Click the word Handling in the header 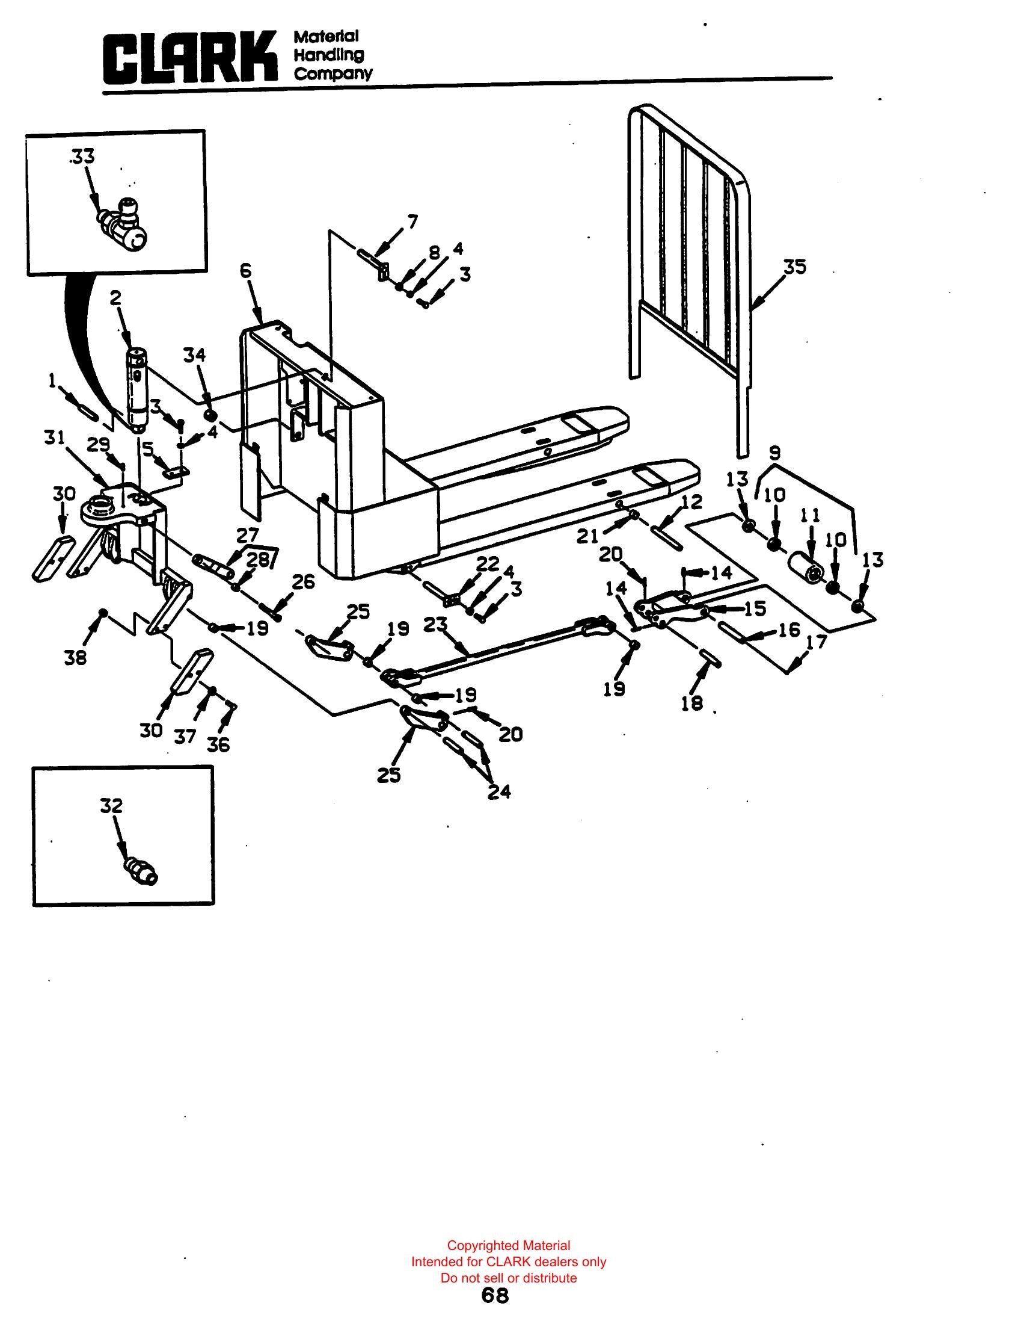point(329,55)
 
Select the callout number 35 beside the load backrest point(794,266)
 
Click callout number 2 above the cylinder point(115,297)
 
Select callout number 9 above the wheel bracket point(775,452)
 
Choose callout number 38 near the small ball point(76,657)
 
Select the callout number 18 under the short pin point(691,703)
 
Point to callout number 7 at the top point(412,222)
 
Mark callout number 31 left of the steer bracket point(54,437)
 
